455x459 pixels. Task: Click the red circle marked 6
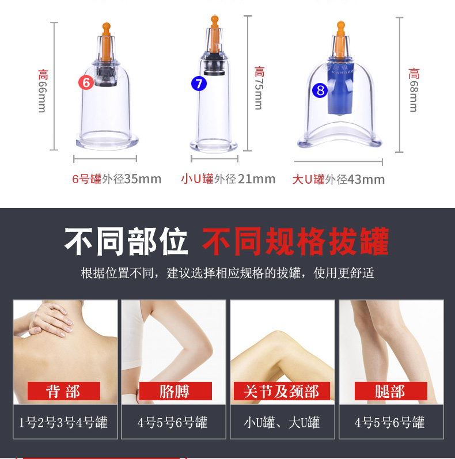tap(86, 82)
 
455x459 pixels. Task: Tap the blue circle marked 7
tap(199, 84)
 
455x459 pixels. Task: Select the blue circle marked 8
tap(320, 90)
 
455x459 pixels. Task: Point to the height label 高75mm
tap(259, 88)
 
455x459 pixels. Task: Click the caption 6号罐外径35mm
tap(116, 179)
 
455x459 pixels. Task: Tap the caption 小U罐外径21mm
tap(228, 179)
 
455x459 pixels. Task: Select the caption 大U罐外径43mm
tap(338, 179)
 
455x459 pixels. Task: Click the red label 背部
tap(63, 392)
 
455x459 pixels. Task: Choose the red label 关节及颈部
tap(281, 392)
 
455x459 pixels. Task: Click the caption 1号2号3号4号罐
tap(63, 423)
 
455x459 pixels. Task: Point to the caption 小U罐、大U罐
tap(282, 423)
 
